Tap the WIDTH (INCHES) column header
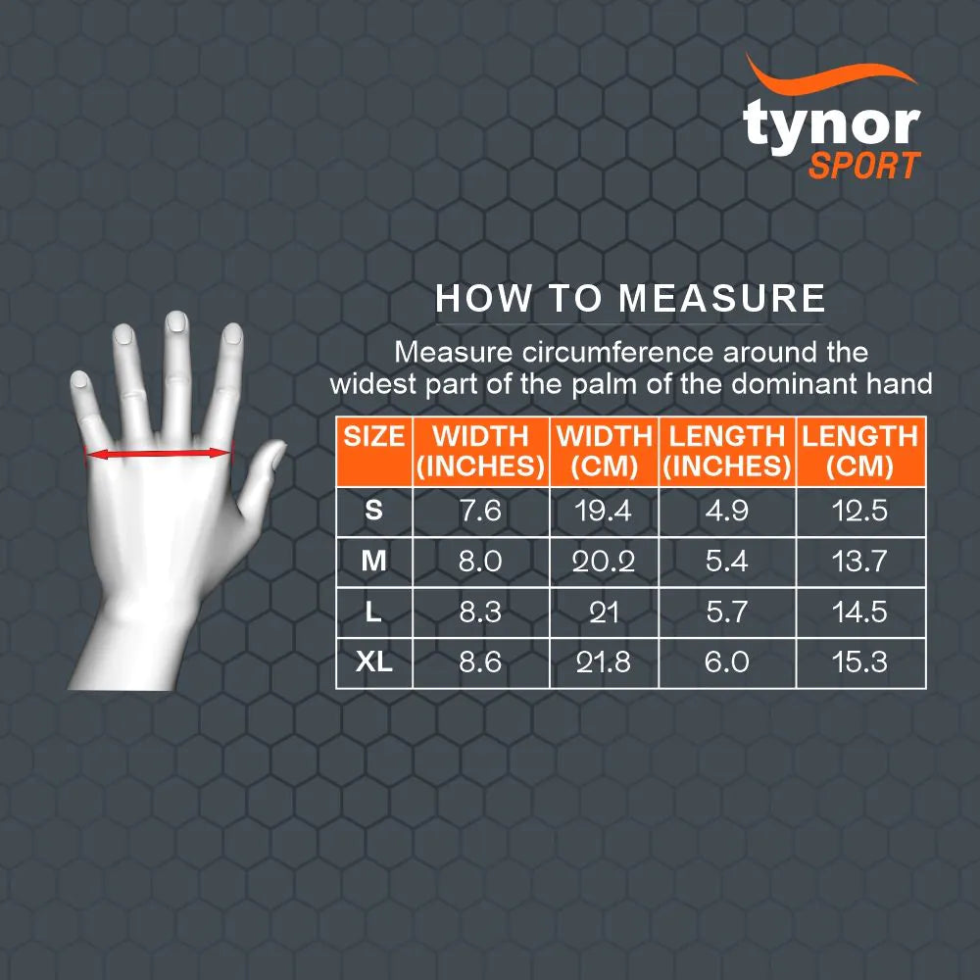coord(480,452)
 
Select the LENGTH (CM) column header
coord(859,452)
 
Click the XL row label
coord(374,662)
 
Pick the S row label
coord(373,511)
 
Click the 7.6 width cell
coord(480,511)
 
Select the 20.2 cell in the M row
coord(604,562)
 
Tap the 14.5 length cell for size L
coord(859,612)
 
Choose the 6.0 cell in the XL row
coord(726,662)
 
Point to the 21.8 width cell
coord(604,662)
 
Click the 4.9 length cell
coord(726,511)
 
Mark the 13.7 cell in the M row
coord(859,562)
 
